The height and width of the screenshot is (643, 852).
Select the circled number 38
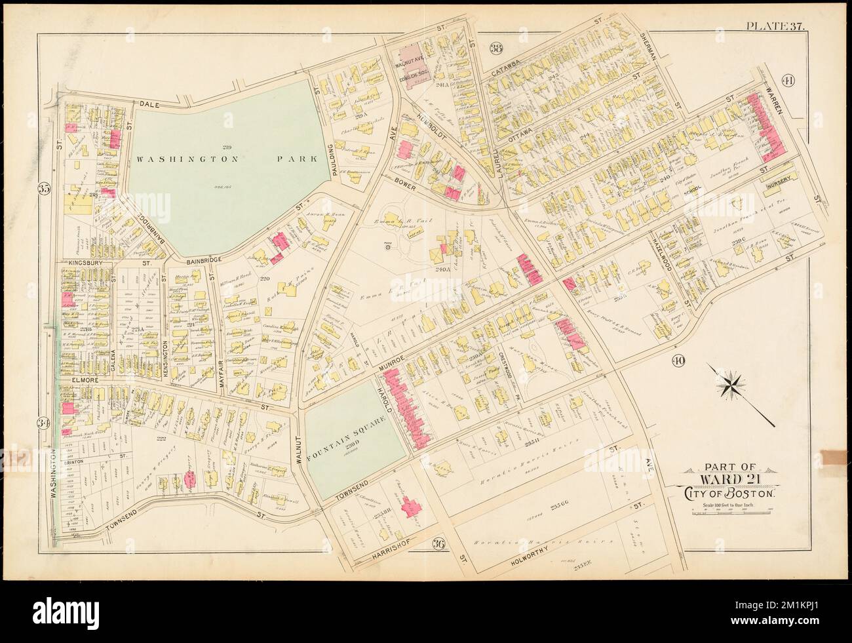(496, 47)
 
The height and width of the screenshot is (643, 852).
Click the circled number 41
(787, 82)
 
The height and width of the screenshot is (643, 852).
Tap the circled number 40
(679, 360)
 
